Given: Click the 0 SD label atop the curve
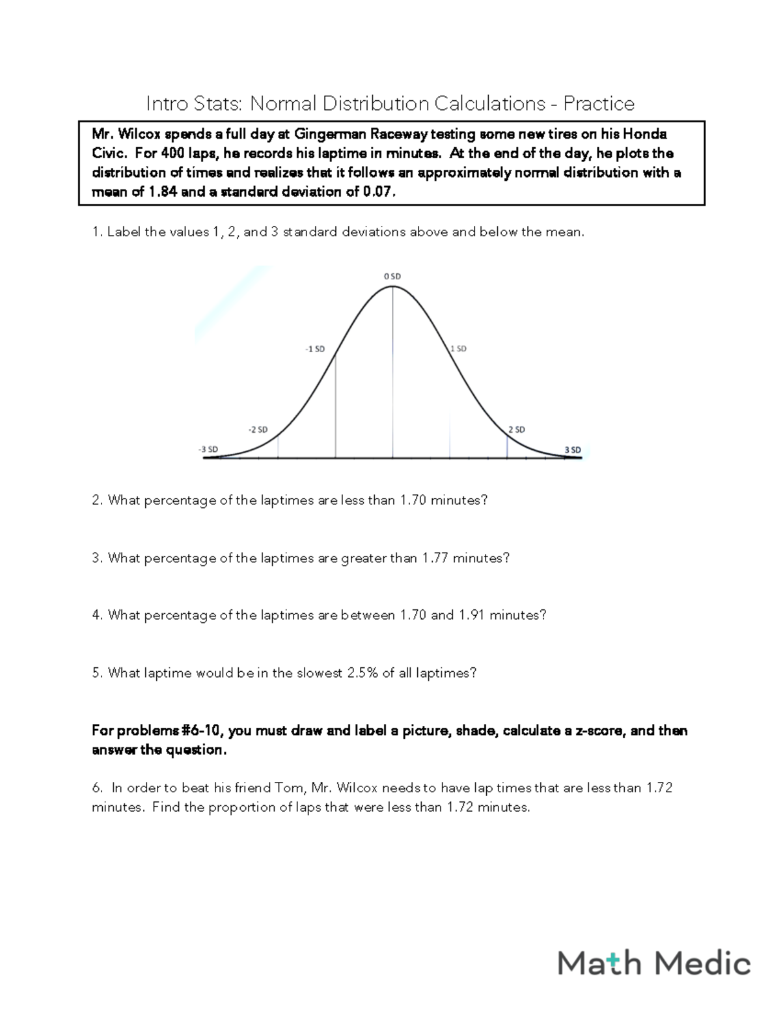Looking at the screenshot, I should point(392,276).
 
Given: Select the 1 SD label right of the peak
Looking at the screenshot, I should point(458,348).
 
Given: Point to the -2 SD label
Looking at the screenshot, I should point(258,430).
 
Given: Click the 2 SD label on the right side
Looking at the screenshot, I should point(516,430).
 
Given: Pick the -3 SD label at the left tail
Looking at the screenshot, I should point(208,449).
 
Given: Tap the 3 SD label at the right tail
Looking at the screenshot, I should point(573,449).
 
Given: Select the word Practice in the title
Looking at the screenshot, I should point(599,104).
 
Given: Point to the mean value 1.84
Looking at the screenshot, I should point(163,192).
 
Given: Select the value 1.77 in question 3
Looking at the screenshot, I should point(435,558).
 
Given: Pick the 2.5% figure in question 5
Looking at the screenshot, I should point(363,673).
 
